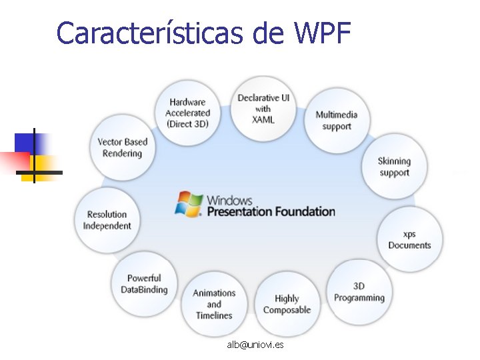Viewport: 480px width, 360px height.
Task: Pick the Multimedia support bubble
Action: (x=336, y=121)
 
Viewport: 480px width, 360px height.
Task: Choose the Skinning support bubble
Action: (x=394, y=167)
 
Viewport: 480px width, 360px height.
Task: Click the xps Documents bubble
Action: (x=409, y=240)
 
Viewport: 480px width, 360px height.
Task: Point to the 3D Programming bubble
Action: (x=359, y=292)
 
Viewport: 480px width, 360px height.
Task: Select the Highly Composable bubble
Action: (x=287, y=304)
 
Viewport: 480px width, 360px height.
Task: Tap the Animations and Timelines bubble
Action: (x=214, y=303)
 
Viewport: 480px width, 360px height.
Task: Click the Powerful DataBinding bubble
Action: (x=144, y=284)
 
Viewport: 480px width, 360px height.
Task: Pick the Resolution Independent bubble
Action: (x=107, y=220)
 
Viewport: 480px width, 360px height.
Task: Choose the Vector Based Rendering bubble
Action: (x=122, y=147)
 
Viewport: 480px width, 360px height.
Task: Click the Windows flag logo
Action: (x=189, y=204)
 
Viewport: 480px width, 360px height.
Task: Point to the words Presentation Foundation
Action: (x=271, y=212)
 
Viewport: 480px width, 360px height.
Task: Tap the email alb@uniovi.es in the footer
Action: (x=255, y=345)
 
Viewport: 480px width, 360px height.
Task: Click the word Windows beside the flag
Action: (x=229, y=200)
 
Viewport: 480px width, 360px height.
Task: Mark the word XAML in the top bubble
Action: (x=263, y=120)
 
